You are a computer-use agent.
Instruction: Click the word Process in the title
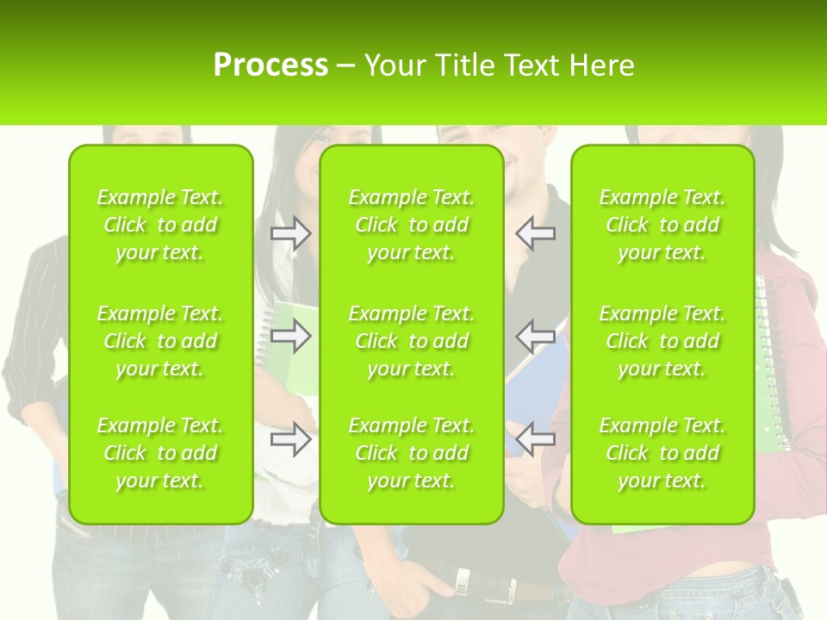point(270,65)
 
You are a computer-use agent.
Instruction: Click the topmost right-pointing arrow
point(291,233)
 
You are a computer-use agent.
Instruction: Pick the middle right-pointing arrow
point(291,337)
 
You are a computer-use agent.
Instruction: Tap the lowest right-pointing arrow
point(291,439)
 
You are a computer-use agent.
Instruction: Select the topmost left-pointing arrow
point(535,233)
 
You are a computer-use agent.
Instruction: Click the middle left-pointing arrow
point(535,337)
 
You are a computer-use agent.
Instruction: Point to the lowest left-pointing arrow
point(535,439)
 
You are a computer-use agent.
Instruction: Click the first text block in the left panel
point(160,225)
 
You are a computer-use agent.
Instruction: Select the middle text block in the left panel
point(160,341)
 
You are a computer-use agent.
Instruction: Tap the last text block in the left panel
point(160,453)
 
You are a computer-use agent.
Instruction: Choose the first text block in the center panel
point(412,225)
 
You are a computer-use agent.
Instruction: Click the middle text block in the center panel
point(412,341)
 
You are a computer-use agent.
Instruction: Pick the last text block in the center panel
point(412,453)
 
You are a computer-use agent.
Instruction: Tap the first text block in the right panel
point(662,225)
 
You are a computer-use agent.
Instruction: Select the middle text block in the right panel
point(662,341)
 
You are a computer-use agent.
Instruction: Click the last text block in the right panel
point(662,453)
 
